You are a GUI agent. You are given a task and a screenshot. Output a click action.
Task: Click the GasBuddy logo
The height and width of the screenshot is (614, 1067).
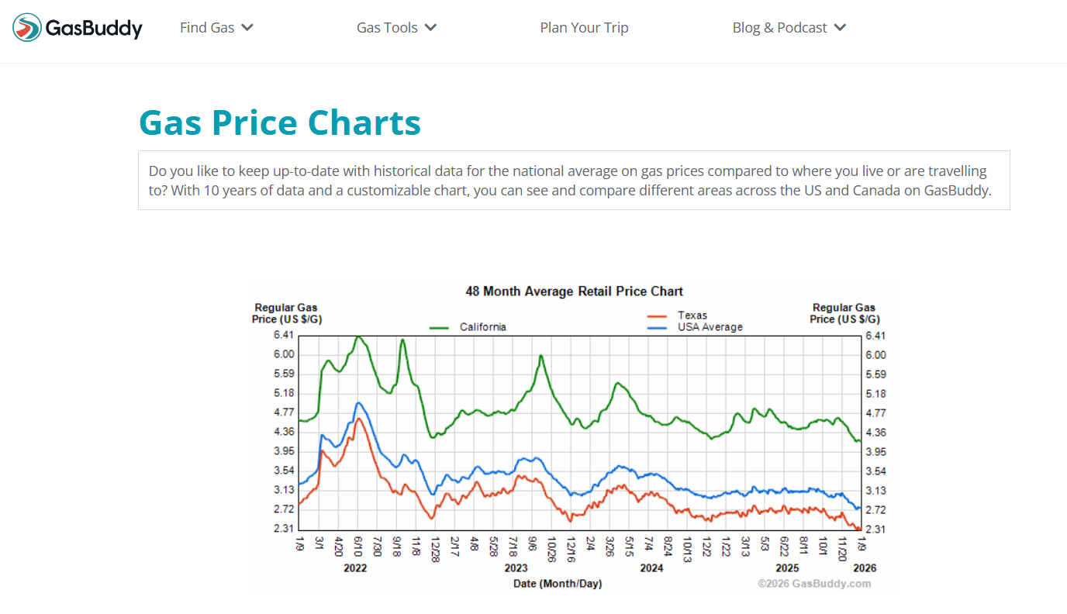[78, 28]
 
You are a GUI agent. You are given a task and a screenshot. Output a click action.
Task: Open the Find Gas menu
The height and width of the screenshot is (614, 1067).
[216, 28]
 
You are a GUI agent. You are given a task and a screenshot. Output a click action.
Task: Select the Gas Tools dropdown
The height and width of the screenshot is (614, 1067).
[396, 28]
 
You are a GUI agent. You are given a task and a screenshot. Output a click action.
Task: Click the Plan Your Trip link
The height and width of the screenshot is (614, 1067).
[584, 28]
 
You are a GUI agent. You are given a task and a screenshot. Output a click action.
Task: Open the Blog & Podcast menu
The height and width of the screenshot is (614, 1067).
[789, 28]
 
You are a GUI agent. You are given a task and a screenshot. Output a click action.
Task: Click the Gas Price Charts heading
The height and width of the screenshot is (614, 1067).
[279, 123]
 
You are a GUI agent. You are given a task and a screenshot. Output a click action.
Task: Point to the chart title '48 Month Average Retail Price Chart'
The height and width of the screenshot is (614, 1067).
[574, 291]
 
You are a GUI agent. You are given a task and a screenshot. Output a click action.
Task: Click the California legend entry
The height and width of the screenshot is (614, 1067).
[482, 327]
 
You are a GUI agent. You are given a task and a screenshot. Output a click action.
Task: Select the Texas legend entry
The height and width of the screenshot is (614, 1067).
[692, 316]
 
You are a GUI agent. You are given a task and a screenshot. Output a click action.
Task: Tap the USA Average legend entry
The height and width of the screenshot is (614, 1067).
[710, 327]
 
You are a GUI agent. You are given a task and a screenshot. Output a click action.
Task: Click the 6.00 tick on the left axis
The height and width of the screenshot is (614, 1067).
[284, 354]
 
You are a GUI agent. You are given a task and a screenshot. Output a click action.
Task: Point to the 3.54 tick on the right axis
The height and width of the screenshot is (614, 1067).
[875, 471]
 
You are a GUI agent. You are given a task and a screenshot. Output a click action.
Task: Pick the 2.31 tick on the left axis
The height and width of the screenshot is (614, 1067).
[284, 529]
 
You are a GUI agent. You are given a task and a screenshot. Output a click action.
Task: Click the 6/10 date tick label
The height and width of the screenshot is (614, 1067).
[357, 545]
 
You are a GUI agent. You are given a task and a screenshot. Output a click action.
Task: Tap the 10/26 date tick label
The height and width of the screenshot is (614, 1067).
[551, 548]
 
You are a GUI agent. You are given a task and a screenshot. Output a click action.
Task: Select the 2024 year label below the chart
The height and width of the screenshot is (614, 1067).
[651, 568]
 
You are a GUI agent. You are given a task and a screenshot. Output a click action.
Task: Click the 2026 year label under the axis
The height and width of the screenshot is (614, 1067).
[865, 568]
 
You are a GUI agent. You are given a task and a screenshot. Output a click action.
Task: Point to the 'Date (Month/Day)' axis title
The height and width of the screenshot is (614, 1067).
[558, 584]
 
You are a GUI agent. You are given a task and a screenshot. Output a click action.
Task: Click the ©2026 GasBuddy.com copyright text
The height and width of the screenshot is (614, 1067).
[814, 584]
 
